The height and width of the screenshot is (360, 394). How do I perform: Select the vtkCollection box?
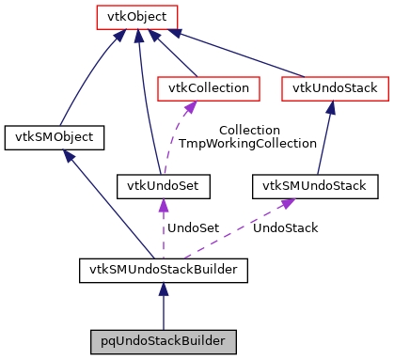coord(209,88)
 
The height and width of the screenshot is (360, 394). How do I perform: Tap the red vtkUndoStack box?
coord(334,88)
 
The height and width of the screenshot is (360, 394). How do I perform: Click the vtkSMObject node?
coord(54,137)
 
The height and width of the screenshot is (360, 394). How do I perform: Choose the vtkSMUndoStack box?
coord(315,185)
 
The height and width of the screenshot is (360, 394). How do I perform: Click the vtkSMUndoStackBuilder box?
coord(164,271)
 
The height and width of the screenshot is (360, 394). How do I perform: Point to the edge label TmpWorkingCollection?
coord(248,144)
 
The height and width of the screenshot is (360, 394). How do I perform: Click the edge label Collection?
coord(248,130)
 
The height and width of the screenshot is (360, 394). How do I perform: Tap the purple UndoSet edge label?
coord(193,227)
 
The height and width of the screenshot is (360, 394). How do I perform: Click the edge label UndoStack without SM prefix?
coord(286,227)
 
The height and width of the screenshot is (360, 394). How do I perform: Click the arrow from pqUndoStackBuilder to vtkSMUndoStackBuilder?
coord(164,305)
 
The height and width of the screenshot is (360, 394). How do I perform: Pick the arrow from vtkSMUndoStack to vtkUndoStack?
coord(324,137)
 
